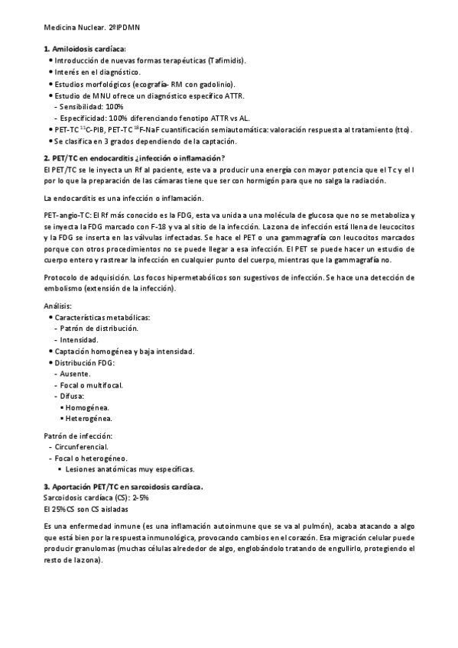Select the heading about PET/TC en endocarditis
[134, 157]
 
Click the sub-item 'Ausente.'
[77, 374]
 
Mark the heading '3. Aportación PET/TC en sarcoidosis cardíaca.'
[123, 487]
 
